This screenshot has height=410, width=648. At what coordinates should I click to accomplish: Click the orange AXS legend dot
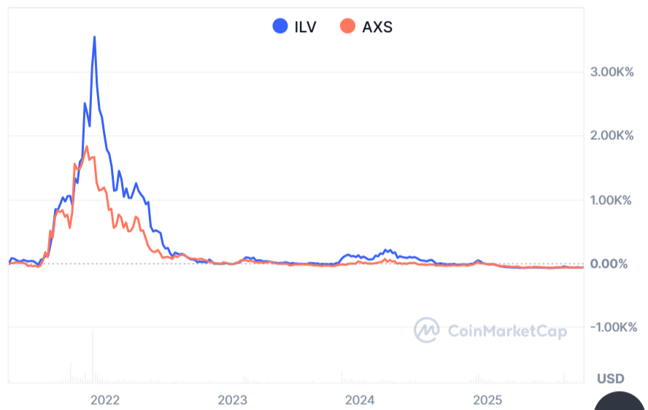[348, 27]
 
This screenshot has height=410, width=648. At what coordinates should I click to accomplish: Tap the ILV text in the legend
[304, 27]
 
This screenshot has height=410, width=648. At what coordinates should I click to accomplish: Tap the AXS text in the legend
[377, 27]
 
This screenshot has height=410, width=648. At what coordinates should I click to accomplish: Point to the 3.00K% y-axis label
[610, 72]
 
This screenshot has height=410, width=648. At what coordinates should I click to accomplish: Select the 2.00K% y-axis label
[610, 136]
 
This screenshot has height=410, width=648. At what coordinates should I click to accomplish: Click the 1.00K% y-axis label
[610, 200]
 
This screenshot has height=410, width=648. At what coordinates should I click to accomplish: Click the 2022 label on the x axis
[104, 400]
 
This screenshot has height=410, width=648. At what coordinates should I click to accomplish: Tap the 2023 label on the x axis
[233, 400]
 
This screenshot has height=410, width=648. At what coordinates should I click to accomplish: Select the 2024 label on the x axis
[360, 400]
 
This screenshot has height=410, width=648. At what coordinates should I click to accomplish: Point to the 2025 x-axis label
[487, 400]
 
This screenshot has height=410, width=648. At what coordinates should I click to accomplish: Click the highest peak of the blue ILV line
[94, 37]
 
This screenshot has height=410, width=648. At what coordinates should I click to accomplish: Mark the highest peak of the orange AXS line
[87, 147]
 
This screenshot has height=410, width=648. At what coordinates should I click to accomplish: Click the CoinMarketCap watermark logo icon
[427, 330]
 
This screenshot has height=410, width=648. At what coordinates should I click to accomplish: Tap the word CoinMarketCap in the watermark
[507, 331]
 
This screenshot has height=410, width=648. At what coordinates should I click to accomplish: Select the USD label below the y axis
[611, 379]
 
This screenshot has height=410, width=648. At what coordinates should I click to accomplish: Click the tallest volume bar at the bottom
[93, 357]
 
